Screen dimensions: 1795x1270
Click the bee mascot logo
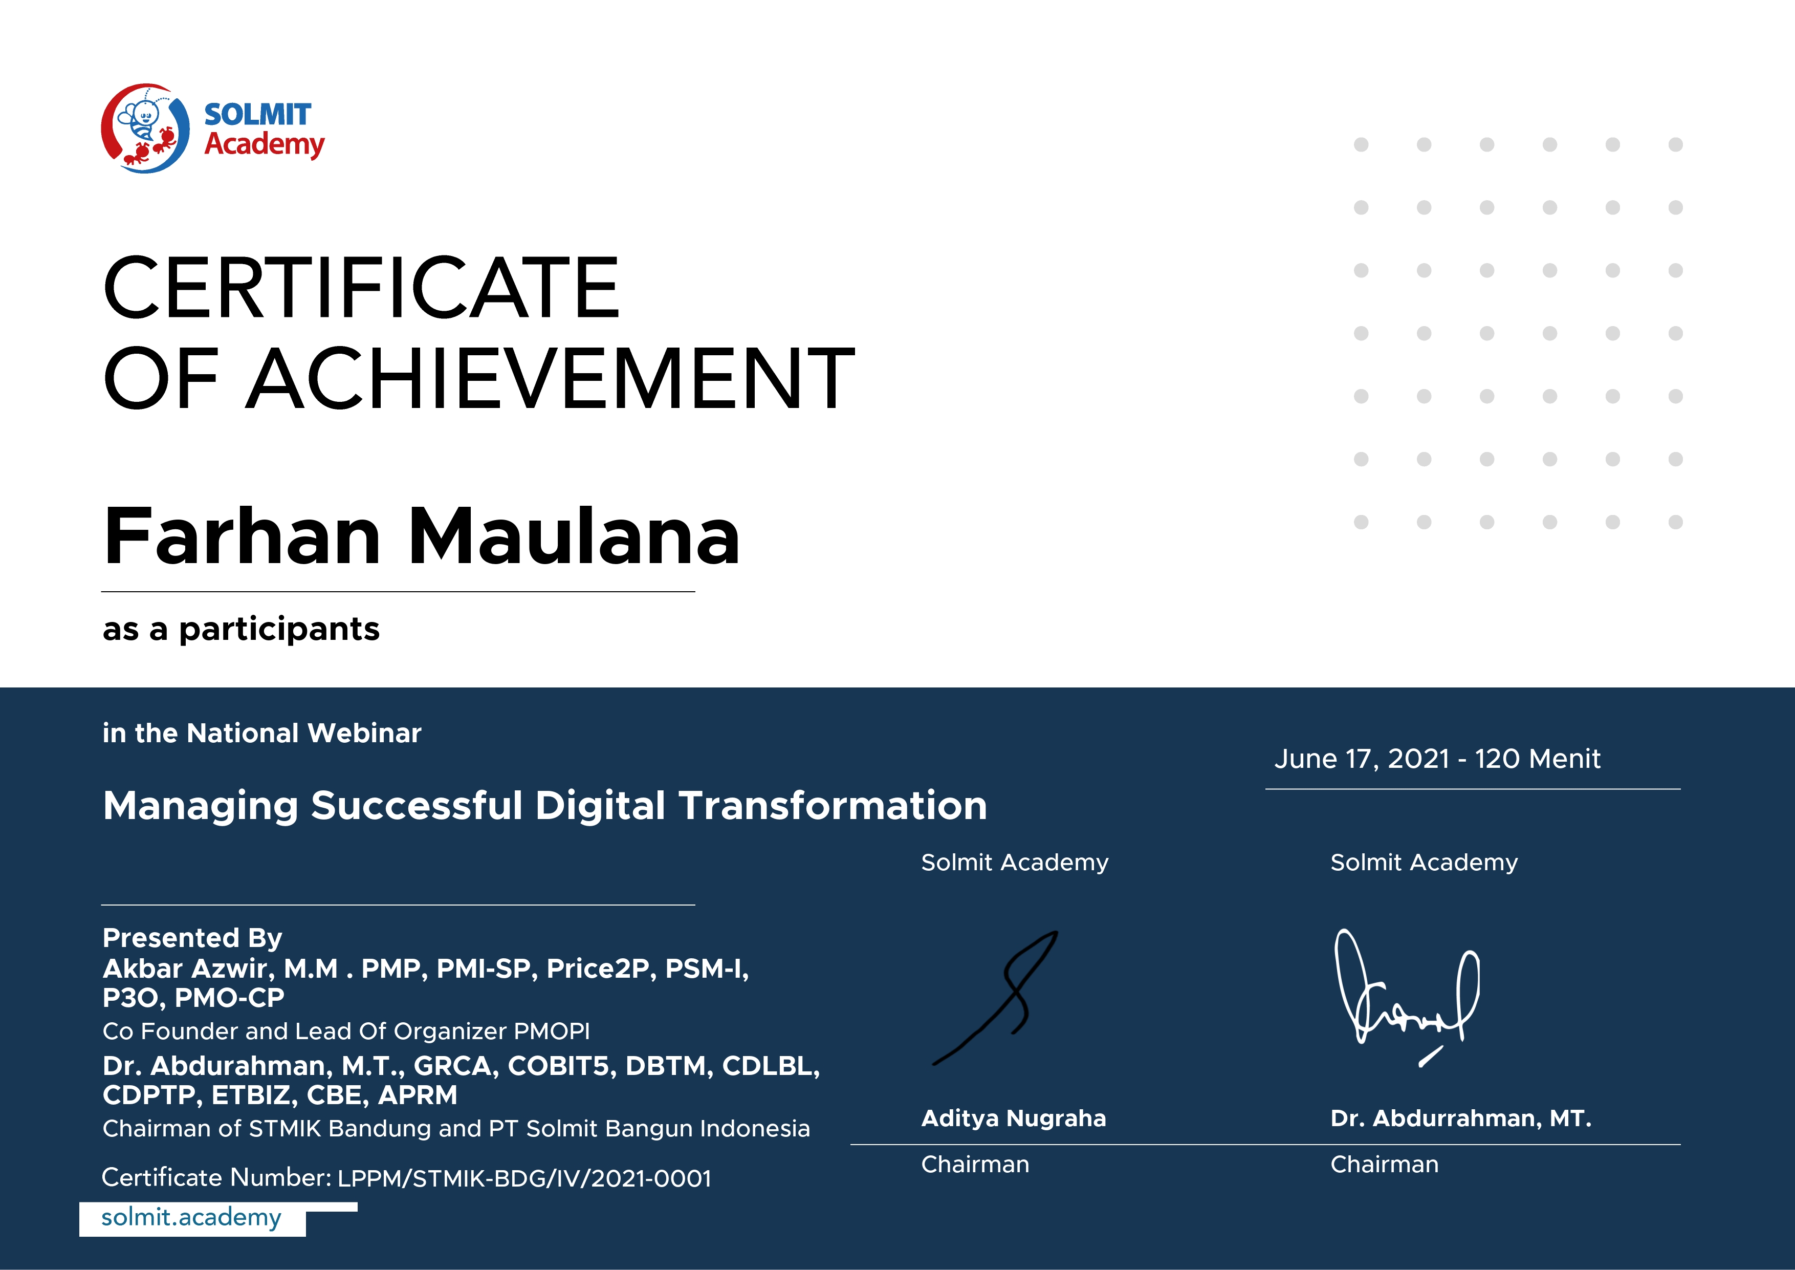(145, 128)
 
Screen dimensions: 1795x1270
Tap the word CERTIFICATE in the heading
(361, 287)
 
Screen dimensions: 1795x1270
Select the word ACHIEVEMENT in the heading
(551, 378)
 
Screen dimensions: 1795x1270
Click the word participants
(279, 630)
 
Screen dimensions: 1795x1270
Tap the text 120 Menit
(1538, 759)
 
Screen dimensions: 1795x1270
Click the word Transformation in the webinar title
(834, 806)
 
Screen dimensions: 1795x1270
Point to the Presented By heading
(192, 938)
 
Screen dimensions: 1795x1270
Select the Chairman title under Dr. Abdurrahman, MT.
(1385, 1165)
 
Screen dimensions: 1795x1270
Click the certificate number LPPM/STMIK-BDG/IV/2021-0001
(524, 1178)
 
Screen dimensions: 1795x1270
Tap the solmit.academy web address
(191, 1218)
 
